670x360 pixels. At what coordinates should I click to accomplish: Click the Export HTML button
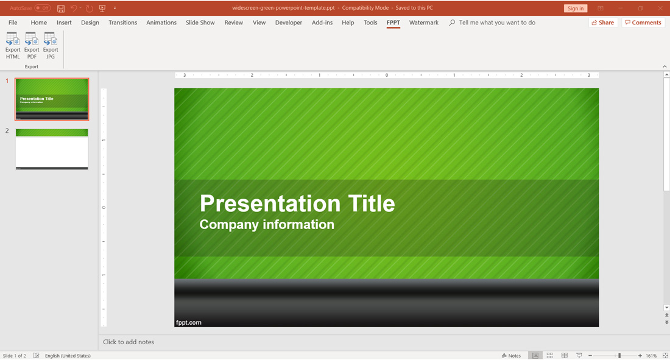[13, 46]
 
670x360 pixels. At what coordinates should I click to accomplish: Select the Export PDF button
[32, 46]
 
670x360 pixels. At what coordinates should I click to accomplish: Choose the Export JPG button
[51, 46]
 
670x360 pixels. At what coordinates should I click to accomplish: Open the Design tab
[90, 23]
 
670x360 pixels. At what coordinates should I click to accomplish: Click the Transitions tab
[122, 23]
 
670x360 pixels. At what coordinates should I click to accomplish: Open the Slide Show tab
[200, 23]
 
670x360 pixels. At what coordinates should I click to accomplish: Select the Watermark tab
[423, 23]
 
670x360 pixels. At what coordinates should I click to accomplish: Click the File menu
[13, 23]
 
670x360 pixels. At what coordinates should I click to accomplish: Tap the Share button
[603, 23]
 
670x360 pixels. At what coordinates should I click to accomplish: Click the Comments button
[643, 23]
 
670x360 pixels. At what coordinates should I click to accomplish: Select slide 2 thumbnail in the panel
[52, 149]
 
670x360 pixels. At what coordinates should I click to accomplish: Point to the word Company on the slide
[227, 225]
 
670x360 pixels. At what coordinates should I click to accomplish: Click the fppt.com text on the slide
[189, 322]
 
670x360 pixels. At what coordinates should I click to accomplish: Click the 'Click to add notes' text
[129, 342]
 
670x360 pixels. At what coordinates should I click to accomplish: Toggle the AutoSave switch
[42, 8]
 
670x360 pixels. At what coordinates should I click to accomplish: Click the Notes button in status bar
[512, 356]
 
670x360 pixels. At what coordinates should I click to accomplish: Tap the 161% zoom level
[651, 356]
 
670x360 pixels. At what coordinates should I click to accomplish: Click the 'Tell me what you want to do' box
[496, 23]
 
